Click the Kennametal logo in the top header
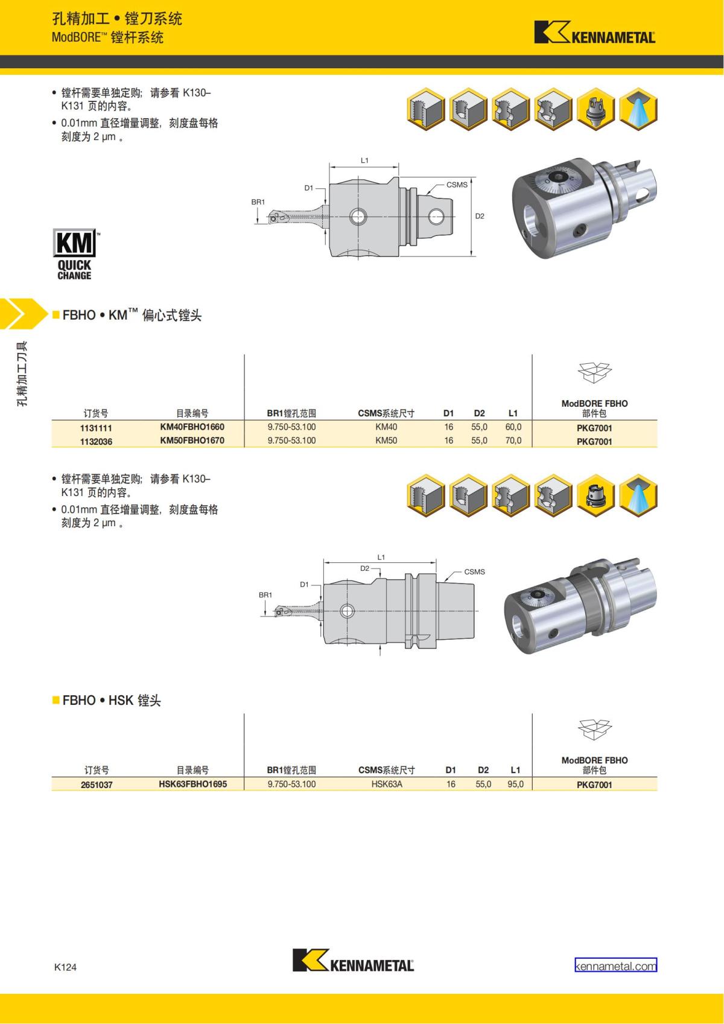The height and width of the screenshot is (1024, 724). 594,33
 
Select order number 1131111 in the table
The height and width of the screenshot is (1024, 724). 96,428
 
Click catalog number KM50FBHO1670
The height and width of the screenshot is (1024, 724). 192,440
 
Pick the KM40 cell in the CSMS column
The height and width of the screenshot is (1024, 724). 386,427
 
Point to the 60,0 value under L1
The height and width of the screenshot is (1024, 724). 513,427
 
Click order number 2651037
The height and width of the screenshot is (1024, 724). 97,785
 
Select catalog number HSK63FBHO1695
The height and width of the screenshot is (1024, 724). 192,784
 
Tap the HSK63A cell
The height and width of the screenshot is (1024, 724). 387,784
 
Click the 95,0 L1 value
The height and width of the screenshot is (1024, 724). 515,784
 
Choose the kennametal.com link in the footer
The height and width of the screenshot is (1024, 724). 615,966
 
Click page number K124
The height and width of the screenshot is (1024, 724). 65,967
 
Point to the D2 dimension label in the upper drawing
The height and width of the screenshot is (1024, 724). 480,216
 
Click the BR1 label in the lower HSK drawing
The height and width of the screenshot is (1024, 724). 265,595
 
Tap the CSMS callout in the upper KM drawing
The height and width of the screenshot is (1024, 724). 457,185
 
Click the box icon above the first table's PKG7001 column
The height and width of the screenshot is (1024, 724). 594,372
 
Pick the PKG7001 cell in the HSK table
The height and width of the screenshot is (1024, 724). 594,785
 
